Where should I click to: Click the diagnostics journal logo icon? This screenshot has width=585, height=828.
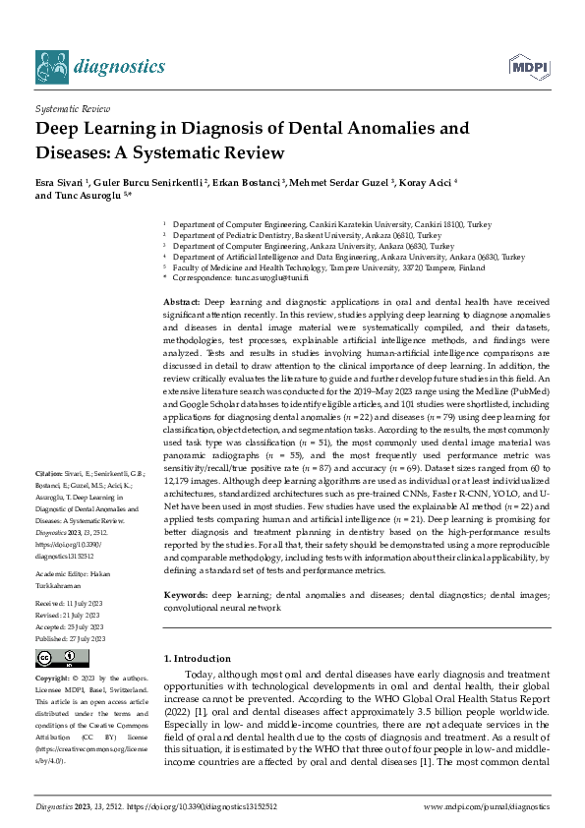tap(54, 66)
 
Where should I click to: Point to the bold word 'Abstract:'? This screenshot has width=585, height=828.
tap(182, 298)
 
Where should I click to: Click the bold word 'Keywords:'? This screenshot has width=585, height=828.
tap(186, 567)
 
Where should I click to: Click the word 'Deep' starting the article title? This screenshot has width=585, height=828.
tap(59, 129)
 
